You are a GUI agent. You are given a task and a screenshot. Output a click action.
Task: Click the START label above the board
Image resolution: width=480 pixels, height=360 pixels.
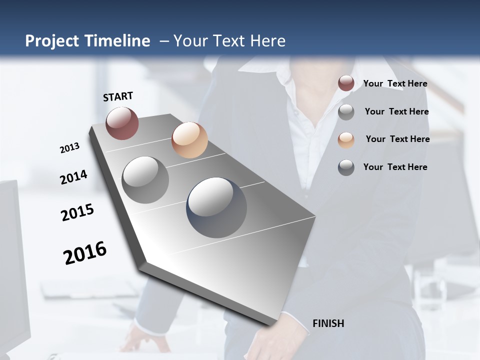point(118,96)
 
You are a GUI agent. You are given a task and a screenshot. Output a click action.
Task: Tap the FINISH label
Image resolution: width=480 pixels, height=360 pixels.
point(328,323)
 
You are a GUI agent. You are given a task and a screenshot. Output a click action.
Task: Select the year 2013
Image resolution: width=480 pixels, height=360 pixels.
point(69,148)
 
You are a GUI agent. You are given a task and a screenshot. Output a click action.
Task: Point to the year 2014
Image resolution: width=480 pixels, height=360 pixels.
point(73,177)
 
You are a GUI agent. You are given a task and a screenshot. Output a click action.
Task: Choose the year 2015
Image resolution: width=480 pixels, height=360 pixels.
point(77,213)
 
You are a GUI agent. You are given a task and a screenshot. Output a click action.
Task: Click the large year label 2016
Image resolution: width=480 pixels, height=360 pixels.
point(85,253)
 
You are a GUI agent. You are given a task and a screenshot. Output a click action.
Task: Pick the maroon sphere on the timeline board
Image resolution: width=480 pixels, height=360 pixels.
point(122,123)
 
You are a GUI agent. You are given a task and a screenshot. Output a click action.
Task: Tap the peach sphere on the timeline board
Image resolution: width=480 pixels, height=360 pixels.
point(189,140)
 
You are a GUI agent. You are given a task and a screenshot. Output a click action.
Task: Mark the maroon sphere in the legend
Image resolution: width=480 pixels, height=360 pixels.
point(346,83)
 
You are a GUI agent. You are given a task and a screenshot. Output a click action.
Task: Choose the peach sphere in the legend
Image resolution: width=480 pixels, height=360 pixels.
point(346,140)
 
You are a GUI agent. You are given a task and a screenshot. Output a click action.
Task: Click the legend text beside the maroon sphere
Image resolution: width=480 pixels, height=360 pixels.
point(395,84)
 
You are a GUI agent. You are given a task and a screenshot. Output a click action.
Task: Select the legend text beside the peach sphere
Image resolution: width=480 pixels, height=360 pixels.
point(397,139)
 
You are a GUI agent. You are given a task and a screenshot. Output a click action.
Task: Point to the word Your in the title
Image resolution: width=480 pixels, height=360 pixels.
point(189,41)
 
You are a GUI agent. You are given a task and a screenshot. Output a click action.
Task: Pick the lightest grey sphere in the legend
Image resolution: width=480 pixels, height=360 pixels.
point(346,112)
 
